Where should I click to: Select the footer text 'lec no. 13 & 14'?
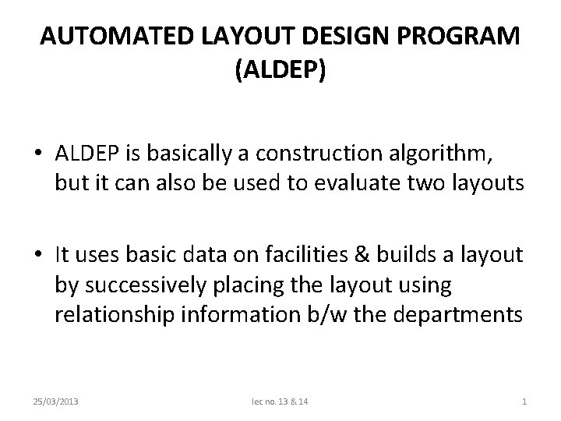pos(280,402)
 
